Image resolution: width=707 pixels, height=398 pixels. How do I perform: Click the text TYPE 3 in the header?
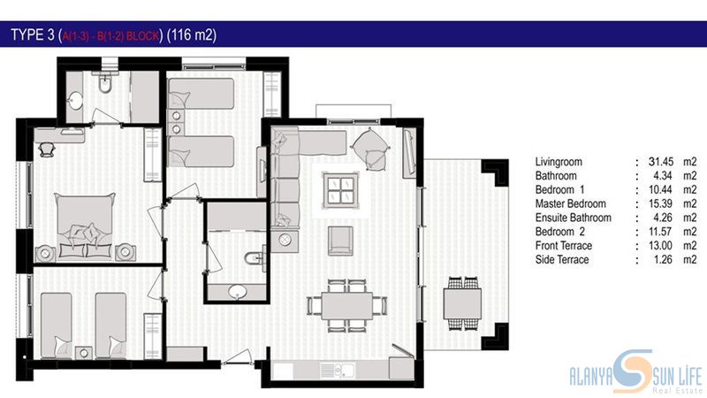point(33,34)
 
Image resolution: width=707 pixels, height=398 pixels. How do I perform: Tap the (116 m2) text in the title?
point(192,34)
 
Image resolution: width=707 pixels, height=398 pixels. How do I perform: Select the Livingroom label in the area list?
point(559,162)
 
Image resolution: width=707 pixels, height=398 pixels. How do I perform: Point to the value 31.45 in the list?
point(661,162)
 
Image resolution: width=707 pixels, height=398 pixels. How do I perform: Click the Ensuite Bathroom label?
point(573,218)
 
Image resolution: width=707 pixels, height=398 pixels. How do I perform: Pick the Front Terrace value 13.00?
point(661,246)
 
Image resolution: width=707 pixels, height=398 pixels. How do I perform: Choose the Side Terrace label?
point(562,259)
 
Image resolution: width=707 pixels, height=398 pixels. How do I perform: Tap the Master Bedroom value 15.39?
point(661,203)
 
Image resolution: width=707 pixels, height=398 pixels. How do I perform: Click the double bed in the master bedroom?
point(85,226)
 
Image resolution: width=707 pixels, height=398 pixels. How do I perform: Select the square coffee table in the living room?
point(340,190)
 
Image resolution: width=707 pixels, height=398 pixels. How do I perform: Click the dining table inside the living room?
point(347,305)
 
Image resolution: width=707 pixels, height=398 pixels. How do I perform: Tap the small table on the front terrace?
point(462,303)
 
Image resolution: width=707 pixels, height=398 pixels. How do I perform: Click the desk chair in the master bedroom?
point(47,149)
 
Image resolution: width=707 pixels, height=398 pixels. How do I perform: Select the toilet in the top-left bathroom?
point(104,83)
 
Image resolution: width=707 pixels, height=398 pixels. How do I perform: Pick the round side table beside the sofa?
point(285,240)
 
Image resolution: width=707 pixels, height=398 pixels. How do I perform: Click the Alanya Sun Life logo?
point(635,371)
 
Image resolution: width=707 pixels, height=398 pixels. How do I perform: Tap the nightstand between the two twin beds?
point(83,352)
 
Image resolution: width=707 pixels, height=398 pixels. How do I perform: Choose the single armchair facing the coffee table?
point(340,241)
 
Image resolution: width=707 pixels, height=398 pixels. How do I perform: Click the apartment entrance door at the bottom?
point(237,357)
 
